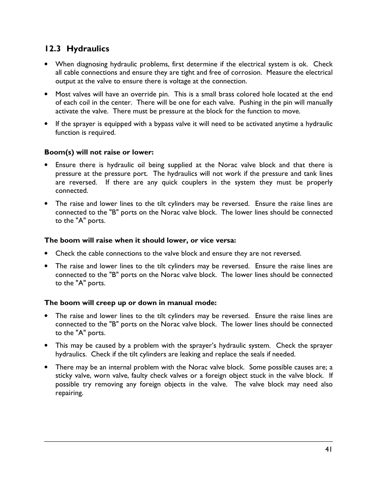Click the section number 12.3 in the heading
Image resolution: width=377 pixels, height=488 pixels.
tap(53, 49)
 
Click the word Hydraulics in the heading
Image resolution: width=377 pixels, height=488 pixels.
tap(88, 49)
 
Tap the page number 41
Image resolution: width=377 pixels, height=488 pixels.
tap(329, 449)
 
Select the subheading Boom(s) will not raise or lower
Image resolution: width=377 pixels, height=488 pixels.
tap(99, 152)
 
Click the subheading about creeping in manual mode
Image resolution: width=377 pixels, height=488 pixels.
tap(130, 303)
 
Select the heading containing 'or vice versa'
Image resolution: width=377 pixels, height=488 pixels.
tap(140, 241)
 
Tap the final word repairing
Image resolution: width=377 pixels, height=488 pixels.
tap(69, 393)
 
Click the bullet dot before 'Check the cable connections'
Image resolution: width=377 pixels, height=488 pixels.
tap(47, 254)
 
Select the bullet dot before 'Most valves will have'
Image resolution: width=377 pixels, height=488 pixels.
tap(47, 94)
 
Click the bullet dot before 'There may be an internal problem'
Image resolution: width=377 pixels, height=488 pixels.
tap(47, 367)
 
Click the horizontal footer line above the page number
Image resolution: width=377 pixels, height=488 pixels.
tap(188, 442)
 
